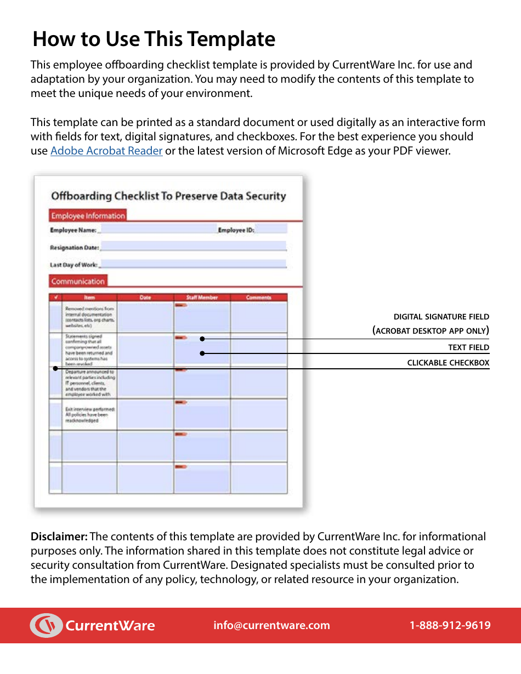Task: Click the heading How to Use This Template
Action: click(154, 39)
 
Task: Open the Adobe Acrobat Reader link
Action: click(106, 151)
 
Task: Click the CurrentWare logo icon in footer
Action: click(46, 625)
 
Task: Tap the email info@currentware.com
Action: click(271, 625)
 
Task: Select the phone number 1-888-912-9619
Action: click(450, 625)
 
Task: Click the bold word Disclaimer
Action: click(59, 536)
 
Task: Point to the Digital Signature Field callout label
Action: click(441, 317)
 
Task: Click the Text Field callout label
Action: click(468, 347)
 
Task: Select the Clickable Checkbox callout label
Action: click(448, 363)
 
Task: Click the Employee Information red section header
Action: click(88, 215)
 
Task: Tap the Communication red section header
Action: click(78, 281)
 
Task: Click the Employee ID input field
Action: click(271, 230)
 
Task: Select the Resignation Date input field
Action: click(193, 247)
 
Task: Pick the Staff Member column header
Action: click(202, 298)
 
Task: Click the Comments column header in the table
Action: click(258, 298)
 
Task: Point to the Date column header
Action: click(145, 298)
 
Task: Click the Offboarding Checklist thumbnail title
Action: click(168, 196)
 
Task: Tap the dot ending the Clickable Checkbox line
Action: click(55, 368)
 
